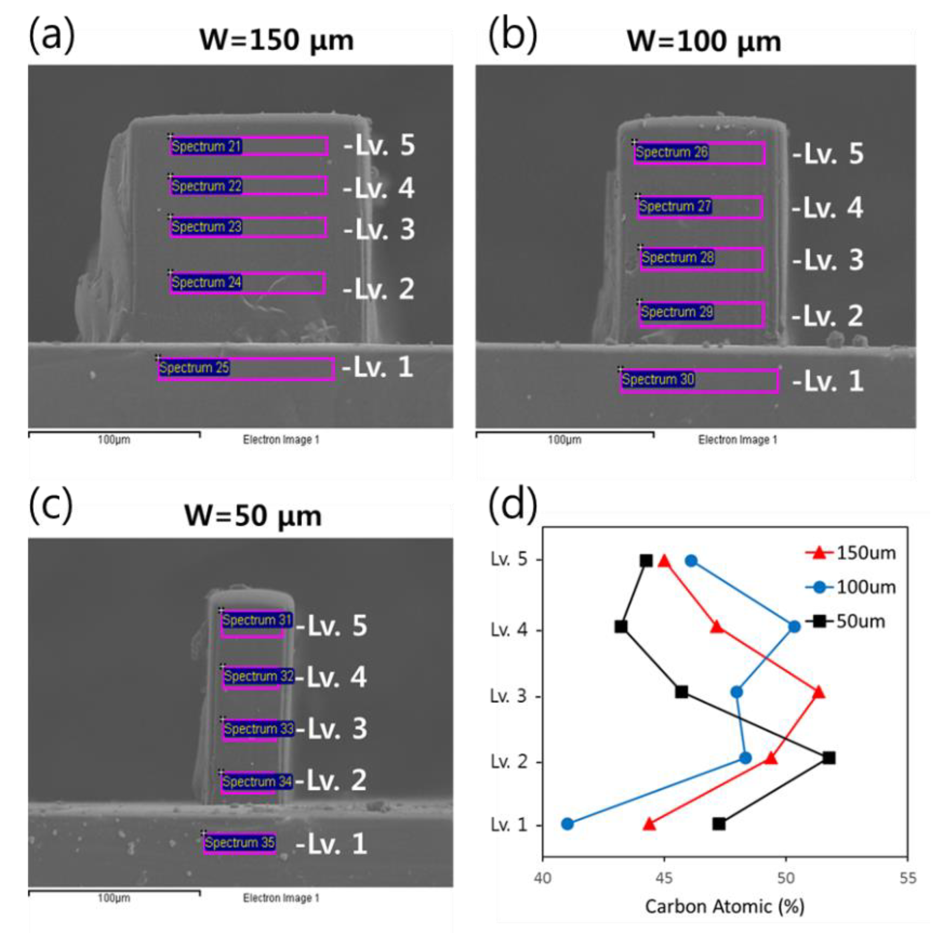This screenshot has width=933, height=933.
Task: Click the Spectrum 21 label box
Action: [x=206, y=146]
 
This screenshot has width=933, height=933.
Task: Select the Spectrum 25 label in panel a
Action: [x=194, y=368]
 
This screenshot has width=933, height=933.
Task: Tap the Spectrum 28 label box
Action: [x=677, y=257]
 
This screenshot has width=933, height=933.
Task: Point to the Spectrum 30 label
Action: [x=658, y=379]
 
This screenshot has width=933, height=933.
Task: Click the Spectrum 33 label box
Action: [x=258, y=728]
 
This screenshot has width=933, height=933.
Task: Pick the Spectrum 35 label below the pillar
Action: [x=240, y=842]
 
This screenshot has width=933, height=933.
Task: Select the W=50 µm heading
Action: [x=252, y=516]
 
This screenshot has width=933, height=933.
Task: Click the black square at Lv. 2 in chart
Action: [x=829, y=758]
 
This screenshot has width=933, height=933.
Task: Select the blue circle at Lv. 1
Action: [x=567, y=824]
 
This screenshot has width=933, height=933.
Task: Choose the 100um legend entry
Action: [x=851, y=587]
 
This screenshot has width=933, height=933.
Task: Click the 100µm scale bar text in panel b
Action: [x=564, y=440]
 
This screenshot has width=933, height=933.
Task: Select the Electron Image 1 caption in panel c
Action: [x=281, y=898]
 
